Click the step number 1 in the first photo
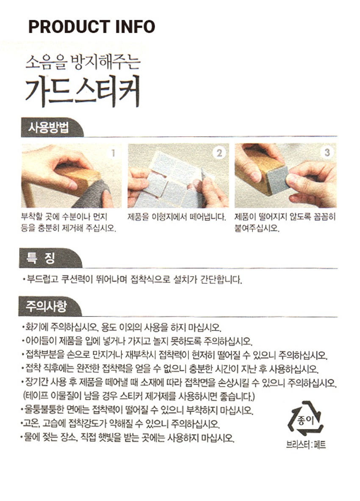click(x=113, y=153)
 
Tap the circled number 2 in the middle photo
click(x=219, y=153)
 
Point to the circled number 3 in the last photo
click(x=327, y=153)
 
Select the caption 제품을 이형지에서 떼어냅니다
click(x=177, y=217)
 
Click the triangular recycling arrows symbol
click(x=306, y=418)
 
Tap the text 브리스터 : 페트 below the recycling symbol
click(x=306, y=445)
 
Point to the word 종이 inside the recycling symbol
click(x=305, y=420)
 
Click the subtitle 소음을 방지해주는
click(x=83, y=62)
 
